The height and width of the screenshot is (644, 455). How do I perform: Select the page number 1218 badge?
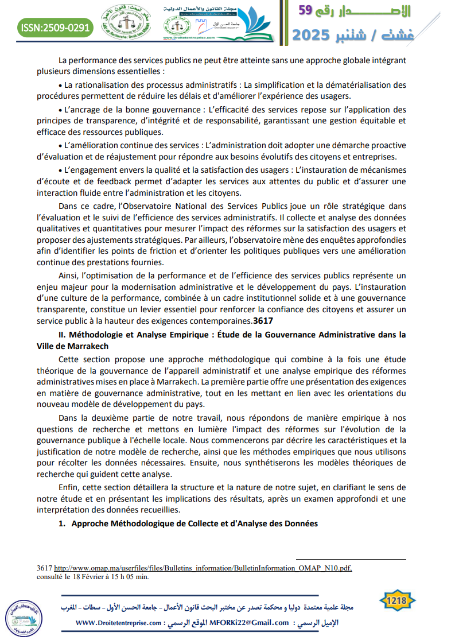pos(397,601)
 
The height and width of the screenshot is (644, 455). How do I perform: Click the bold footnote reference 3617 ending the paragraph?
pos(263,320)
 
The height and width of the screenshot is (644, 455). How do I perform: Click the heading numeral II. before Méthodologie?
pos(63,335)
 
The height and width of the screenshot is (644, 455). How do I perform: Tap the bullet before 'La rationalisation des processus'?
pos(60,85)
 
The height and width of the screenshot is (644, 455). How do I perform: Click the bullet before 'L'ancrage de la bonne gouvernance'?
pos(60,110)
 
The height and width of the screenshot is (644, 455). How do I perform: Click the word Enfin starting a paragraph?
pos(69,487)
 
